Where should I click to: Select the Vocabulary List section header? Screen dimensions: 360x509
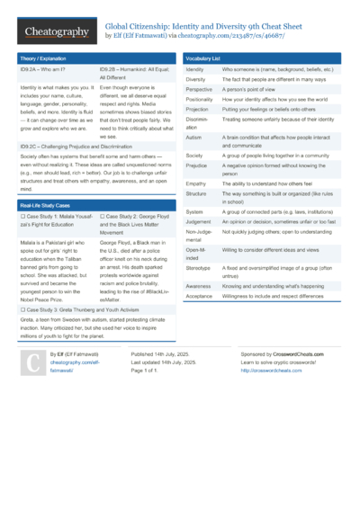click(x=203, y=58)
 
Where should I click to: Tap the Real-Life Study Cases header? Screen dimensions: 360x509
click(x=46, y=206)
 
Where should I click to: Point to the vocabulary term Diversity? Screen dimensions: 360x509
click(x=195, y=79)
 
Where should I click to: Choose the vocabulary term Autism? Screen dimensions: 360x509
click(x=193, y=137)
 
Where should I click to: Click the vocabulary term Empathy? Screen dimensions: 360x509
click(x=196, y=183)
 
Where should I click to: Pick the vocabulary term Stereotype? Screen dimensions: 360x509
click(x=198, y=267)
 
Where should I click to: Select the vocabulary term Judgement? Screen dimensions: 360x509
click(x=198, y=220)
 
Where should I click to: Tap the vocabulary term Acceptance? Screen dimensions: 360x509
click(x=199, y=295)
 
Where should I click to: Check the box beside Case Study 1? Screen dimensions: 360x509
click(x=22, y=217)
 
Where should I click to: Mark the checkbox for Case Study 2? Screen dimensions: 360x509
click(x=103, y=217)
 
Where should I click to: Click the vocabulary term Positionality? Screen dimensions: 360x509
click(x=201, y=100)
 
